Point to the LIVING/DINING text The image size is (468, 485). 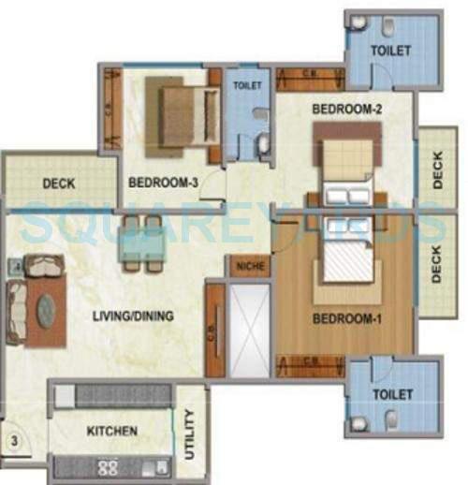(x=133, y=316)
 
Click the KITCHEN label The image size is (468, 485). (x=112, y=432)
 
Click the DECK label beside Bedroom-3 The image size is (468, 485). (x=59, y=184)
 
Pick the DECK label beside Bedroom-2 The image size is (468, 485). (x=438, y=171)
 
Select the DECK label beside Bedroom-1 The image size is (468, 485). (x=436, y=264)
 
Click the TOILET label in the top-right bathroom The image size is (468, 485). (x=390, y=51)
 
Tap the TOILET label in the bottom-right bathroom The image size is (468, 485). (x=390, y=395)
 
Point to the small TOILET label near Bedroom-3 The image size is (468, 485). (x=248, y=85)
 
